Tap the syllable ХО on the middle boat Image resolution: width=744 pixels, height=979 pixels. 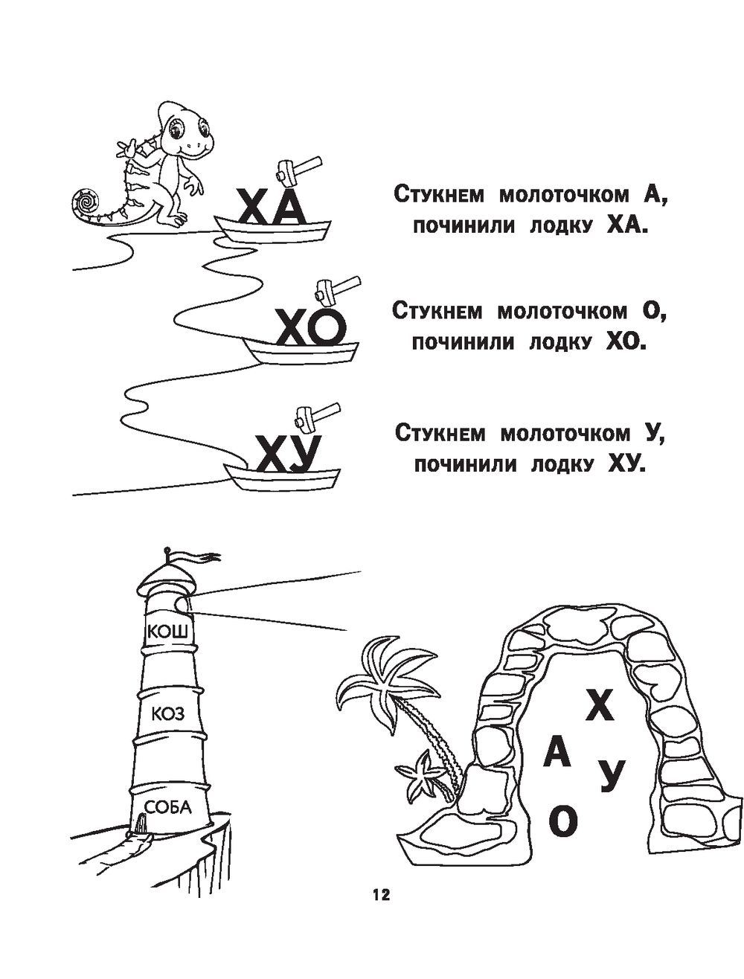pos(311,328)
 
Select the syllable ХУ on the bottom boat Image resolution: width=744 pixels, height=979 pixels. pos(287,453)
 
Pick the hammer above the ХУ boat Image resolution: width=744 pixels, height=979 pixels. pos(315,415)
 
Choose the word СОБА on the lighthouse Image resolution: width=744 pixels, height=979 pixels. pos(167,807)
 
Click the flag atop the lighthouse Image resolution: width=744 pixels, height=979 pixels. pos(195,554)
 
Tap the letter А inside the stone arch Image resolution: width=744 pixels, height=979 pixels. pos(557,755)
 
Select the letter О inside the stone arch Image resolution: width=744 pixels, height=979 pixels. pos(562,821)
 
